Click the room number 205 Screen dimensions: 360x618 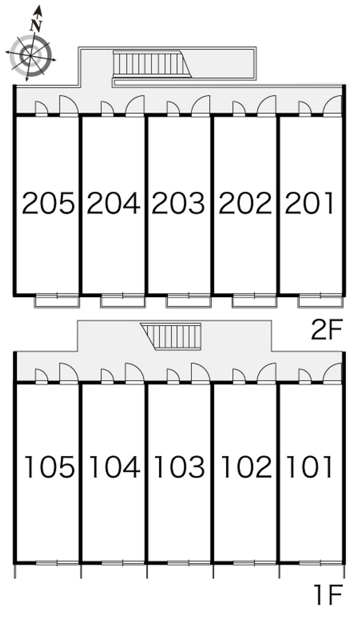pos(48,203)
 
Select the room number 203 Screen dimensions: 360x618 pos(178,203)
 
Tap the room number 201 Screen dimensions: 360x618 pos(309,203)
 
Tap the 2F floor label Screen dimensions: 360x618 pos(327,329)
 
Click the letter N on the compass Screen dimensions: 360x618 pos(36,26)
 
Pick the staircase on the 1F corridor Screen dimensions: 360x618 pos(171,336)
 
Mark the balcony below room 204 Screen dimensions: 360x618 pos(122,301)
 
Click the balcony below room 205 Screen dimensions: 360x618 pos(57,301)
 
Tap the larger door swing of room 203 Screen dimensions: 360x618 pos(200,105)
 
